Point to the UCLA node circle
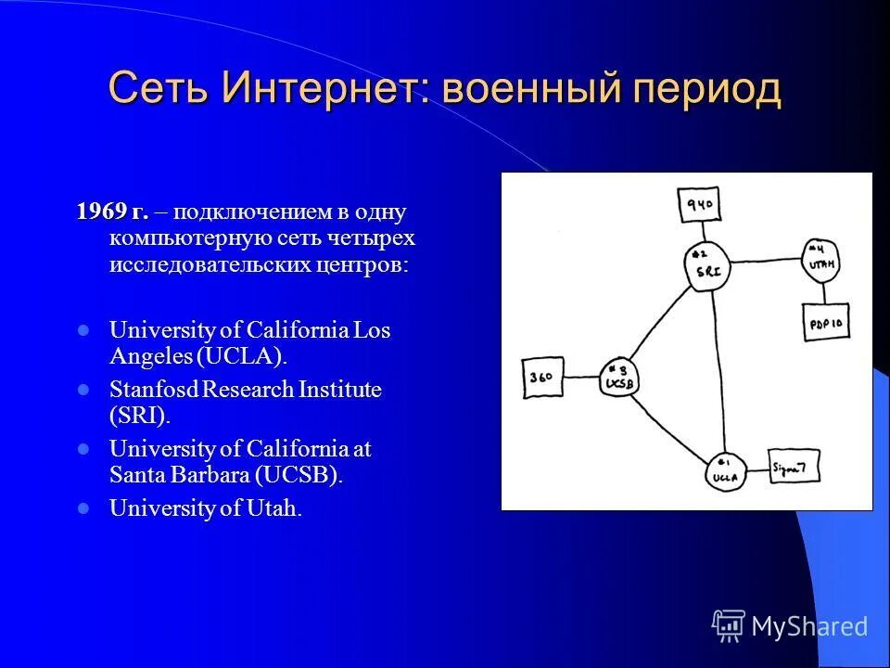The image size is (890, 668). [x=723, y=473]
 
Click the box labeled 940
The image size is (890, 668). [x=698, y=206]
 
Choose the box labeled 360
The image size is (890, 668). [x=542, y=377]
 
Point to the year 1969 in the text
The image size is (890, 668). [x=101, y=212]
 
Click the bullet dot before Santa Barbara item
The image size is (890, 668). [x=83, y=449]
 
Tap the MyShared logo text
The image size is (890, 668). [x=809, y=625]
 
